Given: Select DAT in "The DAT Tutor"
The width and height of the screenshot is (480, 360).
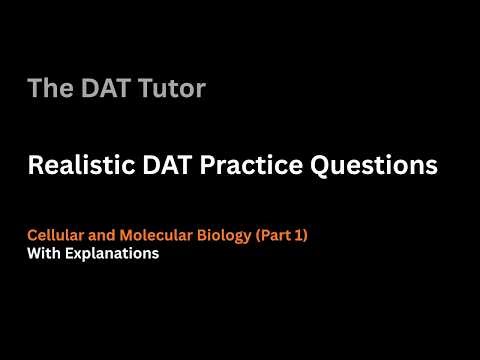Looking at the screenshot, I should coord(104,89).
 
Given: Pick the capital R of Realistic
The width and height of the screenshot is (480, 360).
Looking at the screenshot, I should coord(35,166).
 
